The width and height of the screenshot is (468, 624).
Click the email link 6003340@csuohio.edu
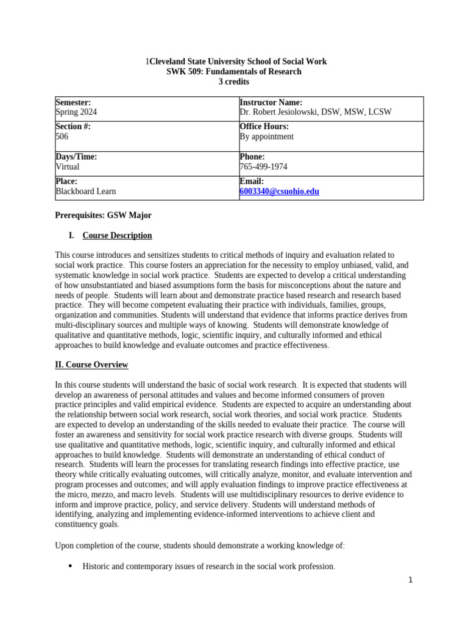pos(279,191)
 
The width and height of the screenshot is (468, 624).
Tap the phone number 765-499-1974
pos(263,166)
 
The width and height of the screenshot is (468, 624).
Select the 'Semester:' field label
pos(73,102)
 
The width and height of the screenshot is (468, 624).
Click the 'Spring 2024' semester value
pos(76,112)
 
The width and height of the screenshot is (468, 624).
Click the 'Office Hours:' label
pos(264,127)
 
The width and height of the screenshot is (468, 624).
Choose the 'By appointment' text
pos(266,136)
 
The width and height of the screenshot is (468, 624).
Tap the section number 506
pos(62,136)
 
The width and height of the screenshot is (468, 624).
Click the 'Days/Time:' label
pos(76,157)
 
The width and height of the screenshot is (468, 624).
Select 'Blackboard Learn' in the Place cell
pos(85,191)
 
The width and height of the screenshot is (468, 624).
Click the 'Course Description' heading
pos(117,235)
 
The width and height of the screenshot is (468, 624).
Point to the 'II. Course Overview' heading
pos(91,364)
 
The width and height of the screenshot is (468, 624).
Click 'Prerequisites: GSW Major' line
pos(103,215)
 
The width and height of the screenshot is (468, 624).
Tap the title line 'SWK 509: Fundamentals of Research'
pos(234,71)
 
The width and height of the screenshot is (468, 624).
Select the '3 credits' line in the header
pos(234,82)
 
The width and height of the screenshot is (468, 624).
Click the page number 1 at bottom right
pos(411,580)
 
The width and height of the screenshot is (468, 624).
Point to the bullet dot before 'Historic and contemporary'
pos(70,566)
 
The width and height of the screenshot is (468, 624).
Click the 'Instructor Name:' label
pos(271,102)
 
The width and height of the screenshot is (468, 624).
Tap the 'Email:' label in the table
pos(252,182)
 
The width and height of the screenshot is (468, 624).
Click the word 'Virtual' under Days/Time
pos(67,166)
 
